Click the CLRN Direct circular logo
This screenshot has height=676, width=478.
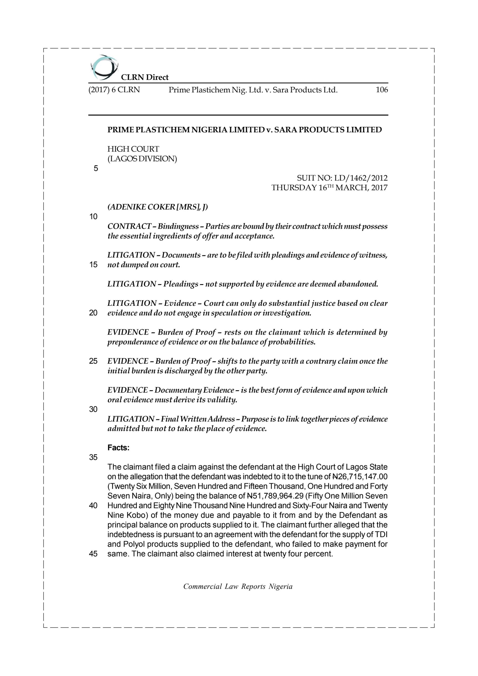coord(104,67)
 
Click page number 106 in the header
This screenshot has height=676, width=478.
coord(382,90)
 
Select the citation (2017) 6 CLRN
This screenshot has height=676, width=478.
coord(114,90)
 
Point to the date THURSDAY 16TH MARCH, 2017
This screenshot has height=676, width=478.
coord(329,187)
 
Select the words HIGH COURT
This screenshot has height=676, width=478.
coord(133,149)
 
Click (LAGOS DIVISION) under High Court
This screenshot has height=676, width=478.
coord(142,159)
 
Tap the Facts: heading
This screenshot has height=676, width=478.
coord(118,448)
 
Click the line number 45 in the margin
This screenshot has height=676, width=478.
coord(93,554)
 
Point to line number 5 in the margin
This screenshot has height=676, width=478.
coord(96,168)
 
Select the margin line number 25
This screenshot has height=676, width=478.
coord(93,361)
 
